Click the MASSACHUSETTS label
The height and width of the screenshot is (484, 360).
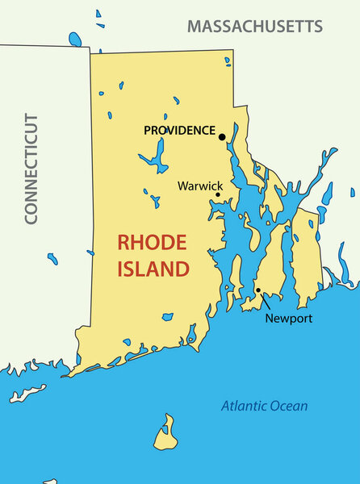pos(255,26)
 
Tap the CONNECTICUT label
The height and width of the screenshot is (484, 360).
pos(31,169)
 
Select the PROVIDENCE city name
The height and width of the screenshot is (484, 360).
pos(179,130)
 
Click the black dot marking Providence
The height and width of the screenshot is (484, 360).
pos(222,137)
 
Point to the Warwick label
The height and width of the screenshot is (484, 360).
pos(200,186)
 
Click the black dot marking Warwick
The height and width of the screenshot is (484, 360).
pos(218,194)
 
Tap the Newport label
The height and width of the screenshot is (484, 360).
pos(288,319)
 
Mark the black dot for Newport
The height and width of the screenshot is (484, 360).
pos(258,290)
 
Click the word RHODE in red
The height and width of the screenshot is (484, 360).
pos(153,242)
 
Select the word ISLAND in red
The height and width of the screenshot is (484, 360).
pos(153,269)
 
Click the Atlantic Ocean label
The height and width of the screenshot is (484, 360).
pos(265,406)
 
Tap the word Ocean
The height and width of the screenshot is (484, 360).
pos(290,406)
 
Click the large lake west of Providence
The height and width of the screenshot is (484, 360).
pos(157,156)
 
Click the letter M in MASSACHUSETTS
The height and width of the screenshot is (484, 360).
pos(195,26)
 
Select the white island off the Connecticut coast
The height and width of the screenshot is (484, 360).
pos(27,394)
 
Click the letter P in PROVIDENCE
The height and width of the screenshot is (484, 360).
pos(148,130)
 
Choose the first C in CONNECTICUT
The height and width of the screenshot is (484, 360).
pos(31,216)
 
